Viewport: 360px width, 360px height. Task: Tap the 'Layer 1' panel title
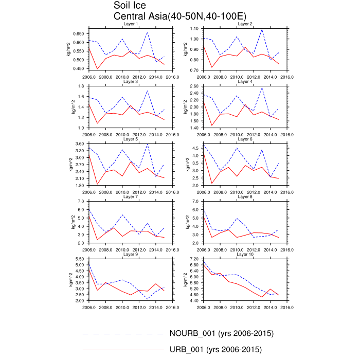pos(131,24)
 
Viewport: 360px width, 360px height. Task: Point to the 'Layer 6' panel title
pos(245,139)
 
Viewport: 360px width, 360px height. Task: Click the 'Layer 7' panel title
pos(131,196)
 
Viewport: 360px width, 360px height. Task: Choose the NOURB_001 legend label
pos(221,333)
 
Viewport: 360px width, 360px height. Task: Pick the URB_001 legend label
pos(215,350)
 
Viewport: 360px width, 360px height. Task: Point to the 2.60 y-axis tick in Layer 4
pos(194,86)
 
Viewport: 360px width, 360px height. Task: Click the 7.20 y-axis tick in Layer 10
pos(194,258)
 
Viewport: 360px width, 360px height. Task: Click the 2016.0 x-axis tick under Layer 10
pos(286,307)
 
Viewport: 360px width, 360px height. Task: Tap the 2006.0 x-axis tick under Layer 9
pos(88,307)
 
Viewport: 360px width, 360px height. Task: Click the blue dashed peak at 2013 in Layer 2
pos(262,29)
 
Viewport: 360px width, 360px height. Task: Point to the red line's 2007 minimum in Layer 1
pos(97,69)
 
